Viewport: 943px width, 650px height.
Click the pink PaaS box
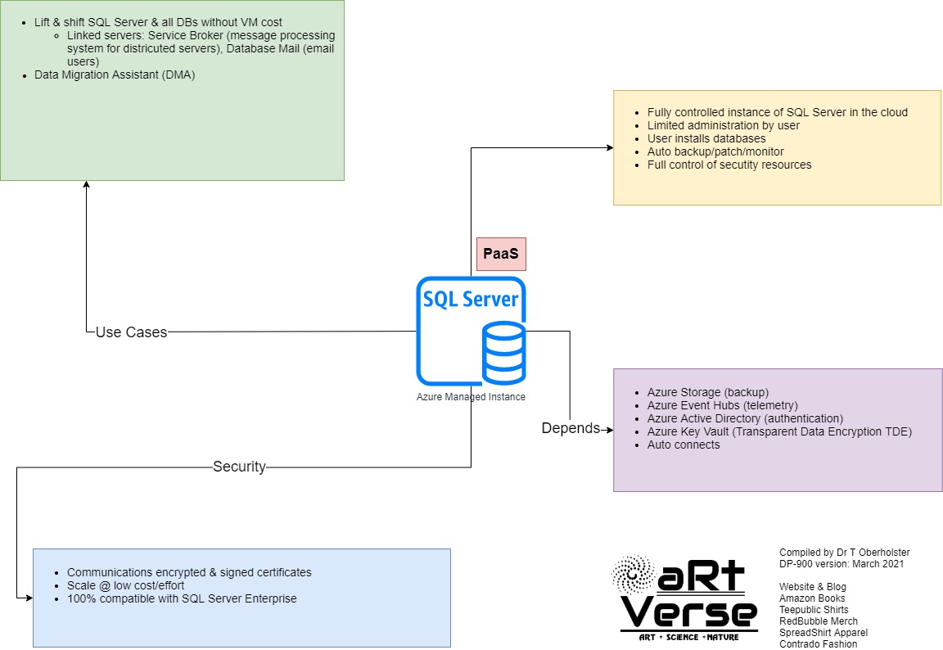point(501,254)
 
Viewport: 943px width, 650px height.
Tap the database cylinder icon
point(503,353)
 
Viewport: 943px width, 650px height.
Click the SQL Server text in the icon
point(470,300)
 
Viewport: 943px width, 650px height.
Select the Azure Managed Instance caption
point(471,397)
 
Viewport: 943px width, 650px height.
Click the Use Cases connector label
point(131,332)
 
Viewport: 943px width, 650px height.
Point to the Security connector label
point(239,467)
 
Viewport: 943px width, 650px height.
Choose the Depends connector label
point(571,428)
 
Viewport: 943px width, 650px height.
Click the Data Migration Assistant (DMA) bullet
point(115,74)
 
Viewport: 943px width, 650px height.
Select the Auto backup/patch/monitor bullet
point(715,151)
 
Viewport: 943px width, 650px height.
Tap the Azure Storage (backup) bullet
point(707,392)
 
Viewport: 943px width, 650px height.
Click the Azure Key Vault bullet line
point(778,431)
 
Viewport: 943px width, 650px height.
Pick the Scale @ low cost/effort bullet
point(125,585)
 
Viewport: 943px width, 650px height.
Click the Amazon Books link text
point(812,598)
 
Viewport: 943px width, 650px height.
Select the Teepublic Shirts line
point(814,610)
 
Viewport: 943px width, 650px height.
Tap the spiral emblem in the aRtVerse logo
point(633,576)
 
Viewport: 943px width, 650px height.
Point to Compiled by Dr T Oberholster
point(844,553)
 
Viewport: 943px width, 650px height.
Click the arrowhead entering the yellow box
point(609,147)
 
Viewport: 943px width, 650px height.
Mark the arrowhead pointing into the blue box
point(28,598)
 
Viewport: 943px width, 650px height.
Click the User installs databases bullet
point(706,138)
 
